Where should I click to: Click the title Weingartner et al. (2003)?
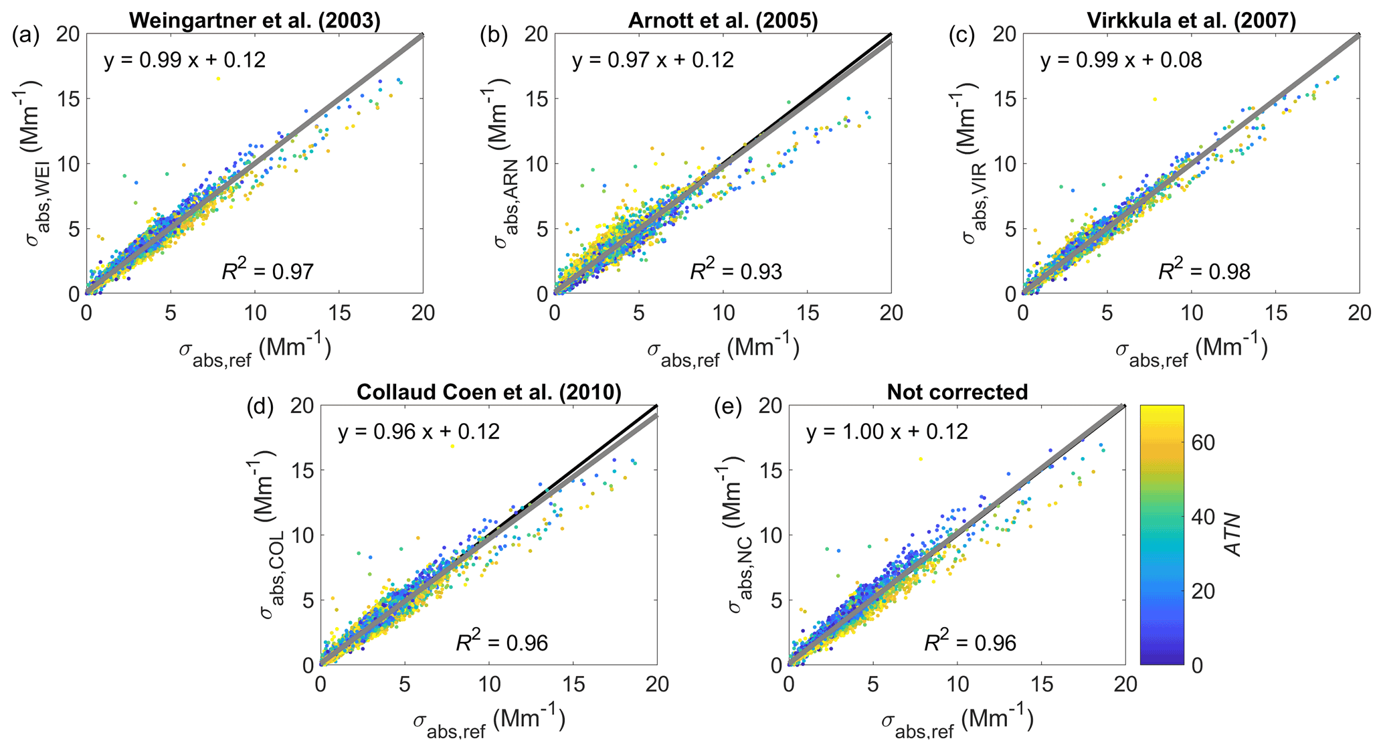pos(254,21)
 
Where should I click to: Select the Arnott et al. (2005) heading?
pos(723,21)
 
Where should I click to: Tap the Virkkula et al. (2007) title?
pos(1191,21)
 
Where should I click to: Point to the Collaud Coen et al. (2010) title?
pos(488,392)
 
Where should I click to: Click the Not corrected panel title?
pos(957,392)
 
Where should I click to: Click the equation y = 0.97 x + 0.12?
pos(652,60)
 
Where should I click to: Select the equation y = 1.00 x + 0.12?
pos(887,432)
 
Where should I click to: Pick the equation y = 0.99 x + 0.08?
pos(1121,60)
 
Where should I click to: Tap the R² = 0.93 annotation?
pos(736,271)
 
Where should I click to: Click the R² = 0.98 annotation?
pos(1204,271)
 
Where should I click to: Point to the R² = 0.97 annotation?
pos(268,271)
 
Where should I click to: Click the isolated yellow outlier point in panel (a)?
pos(218,79)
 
